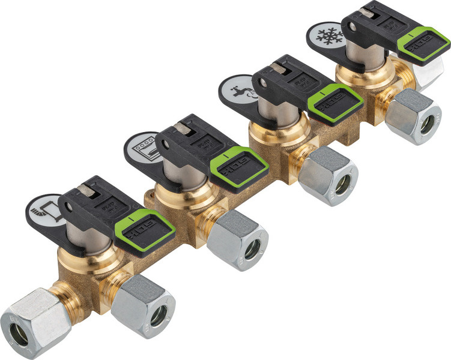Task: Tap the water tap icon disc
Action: pyautogui.click(x=235, y=88)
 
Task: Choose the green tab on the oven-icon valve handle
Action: pyautogui.click(x=239, y=168)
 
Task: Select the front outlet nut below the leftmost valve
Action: pyautogui.click(x=144, y=306)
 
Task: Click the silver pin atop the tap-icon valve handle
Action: pyautogui.click(x=278, y=67)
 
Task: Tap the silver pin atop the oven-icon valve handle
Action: pyautogui.click(x=183, y=128)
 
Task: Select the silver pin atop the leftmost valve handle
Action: pyautogui.click(x=86, y=191)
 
